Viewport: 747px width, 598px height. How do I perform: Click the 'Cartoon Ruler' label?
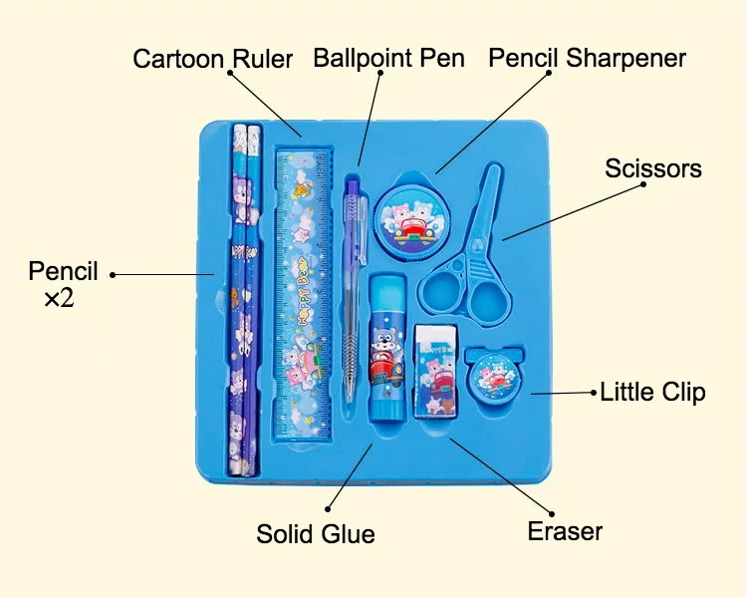(213, 59)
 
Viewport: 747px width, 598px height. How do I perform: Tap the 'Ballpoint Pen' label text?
(388, 58)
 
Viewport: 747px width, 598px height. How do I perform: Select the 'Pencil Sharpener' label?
(587, 58)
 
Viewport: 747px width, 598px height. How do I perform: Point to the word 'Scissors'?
(652, 168)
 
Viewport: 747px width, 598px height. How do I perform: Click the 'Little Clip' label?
(652, 392)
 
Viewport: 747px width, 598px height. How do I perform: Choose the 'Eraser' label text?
(565, 531)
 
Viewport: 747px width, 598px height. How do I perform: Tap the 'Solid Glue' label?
(316, 534)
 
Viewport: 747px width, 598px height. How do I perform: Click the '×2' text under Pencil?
(59, 297)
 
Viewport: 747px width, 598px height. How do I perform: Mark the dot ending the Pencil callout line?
(113, 274)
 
